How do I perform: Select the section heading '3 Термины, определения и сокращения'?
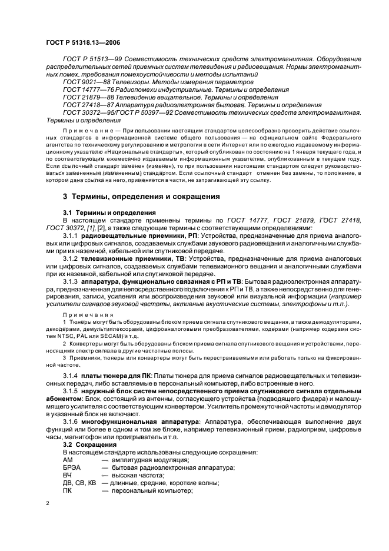[x=141, y=196]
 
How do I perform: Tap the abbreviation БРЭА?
[x=72, y=467]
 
